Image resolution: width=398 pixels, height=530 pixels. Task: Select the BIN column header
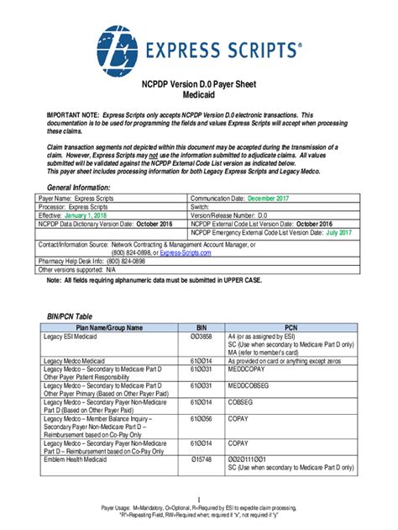202,326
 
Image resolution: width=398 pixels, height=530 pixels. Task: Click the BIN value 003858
202,336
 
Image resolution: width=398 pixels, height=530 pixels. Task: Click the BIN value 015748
202,459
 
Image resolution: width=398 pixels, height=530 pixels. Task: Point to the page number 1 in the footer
199,501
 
